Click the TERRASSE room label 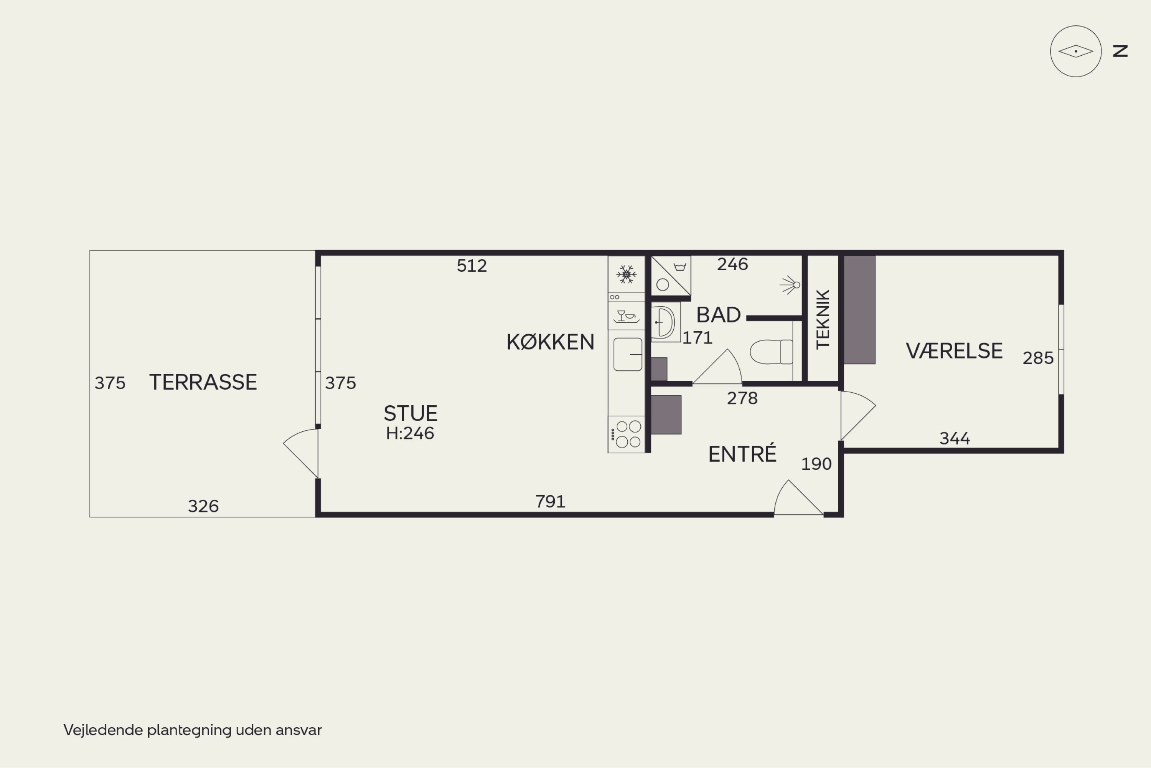(x=203, y=382)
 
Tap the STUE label (x=410, y=413)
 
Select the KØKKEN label (x=550, y=342)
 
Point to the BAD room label (x=718, y=315)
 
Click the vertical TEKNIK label (x=823, y=319)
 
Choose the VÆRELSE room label (x=954, y=351)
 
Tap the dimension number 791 (x=550, y=502)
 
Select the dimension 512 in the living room (x=472, y=266)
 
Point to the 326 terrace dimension (x=203, y=506)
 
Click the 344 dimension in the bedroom (x=954, y=438)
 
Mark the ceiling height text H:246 (x=410, y=433)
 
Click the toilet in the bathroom (x=771, y=352)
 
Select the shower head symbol (x=790, y=284)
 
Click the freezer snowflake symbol (x=626, y=274)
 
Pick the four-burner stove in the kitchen (x=627, y=434)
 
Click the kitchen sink (x=628, y=354)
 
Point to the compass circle (x=1075, y=51)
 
